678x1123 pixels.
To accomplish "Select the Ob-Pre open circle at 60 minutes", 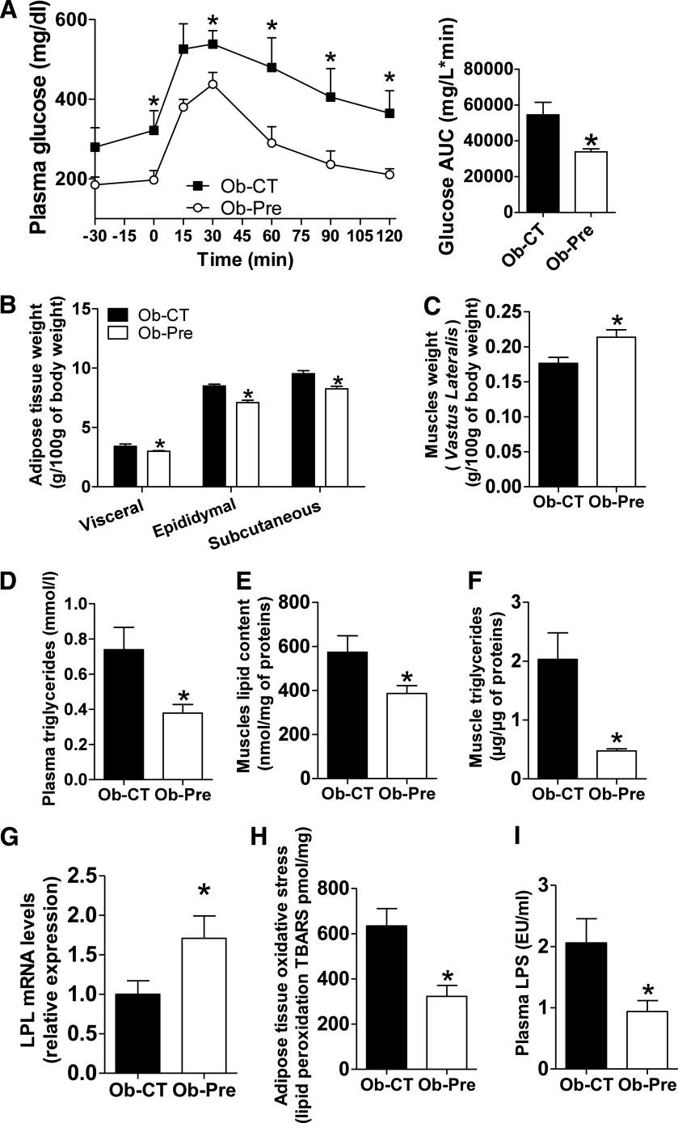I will [272, 143].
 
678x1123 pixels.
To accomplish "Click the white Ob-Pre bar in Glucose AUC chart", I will [588, 182].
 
